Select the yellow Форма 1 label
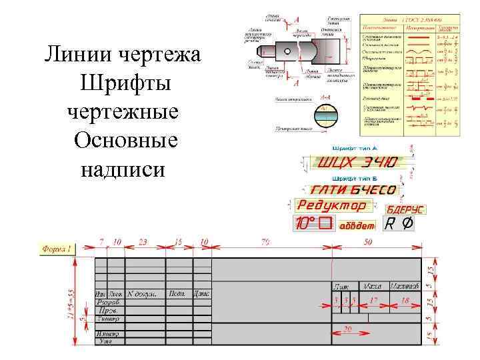click(59, 249)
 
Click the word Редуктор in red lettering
click(332, 205)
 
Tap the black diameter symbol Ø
click(405, 224)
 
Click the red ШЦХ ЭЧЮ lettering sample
click(357, 163)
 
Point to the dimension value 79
click(265, 241)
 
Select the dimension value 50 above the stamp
click(369, 241)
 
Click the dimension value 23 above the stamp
click(143, 241)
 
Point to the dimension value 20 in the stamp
click(347, 329)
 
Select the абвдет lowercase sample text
click(357, 225)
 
